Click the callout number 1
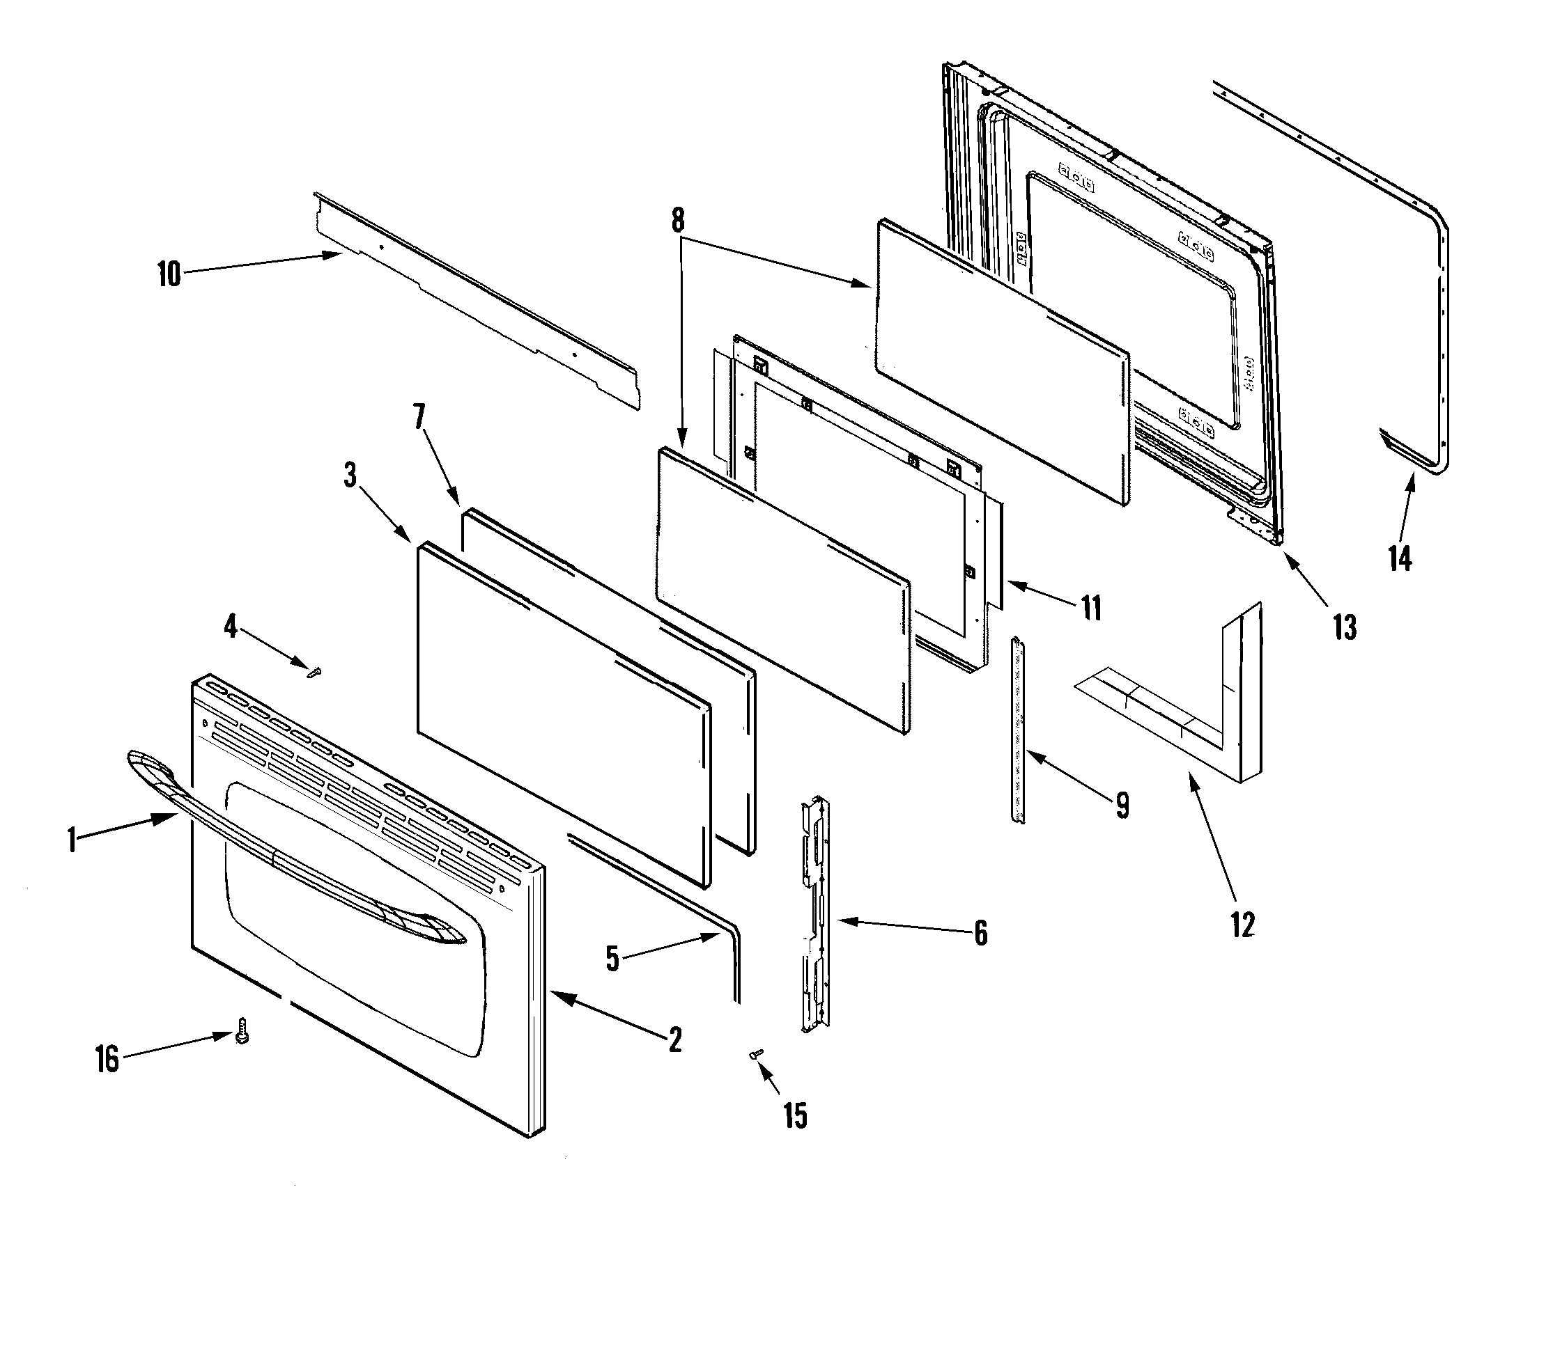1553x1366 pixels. tap(72, 840)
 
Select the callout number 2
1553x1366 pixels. tap(674, 1039)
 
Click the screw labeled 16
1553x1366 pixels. tap(242, 1031)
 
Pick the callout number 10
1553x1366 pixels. tap(169, 274)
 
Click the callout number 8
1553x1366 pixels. tap(678, 221)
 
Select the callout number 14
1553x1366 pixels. tap(1400, 558)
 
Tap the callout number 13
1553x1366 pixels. tap(1344, 627)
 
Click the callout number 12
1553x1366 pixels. tap(1242, 924)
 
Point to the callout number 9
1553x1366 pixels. tap(1122, 805)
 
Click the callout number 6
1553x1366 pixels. tap(981, 933)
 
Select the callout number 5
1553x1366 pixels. tap(612, 959)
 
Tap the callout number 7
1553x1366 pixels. tap(419, 416)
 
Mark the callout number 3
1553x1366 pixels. tap(350, 476)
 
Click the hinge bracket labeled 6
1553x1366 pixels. tap(815, 911)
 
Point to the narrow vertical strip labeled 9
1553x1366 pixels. tap(1017, 729)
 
